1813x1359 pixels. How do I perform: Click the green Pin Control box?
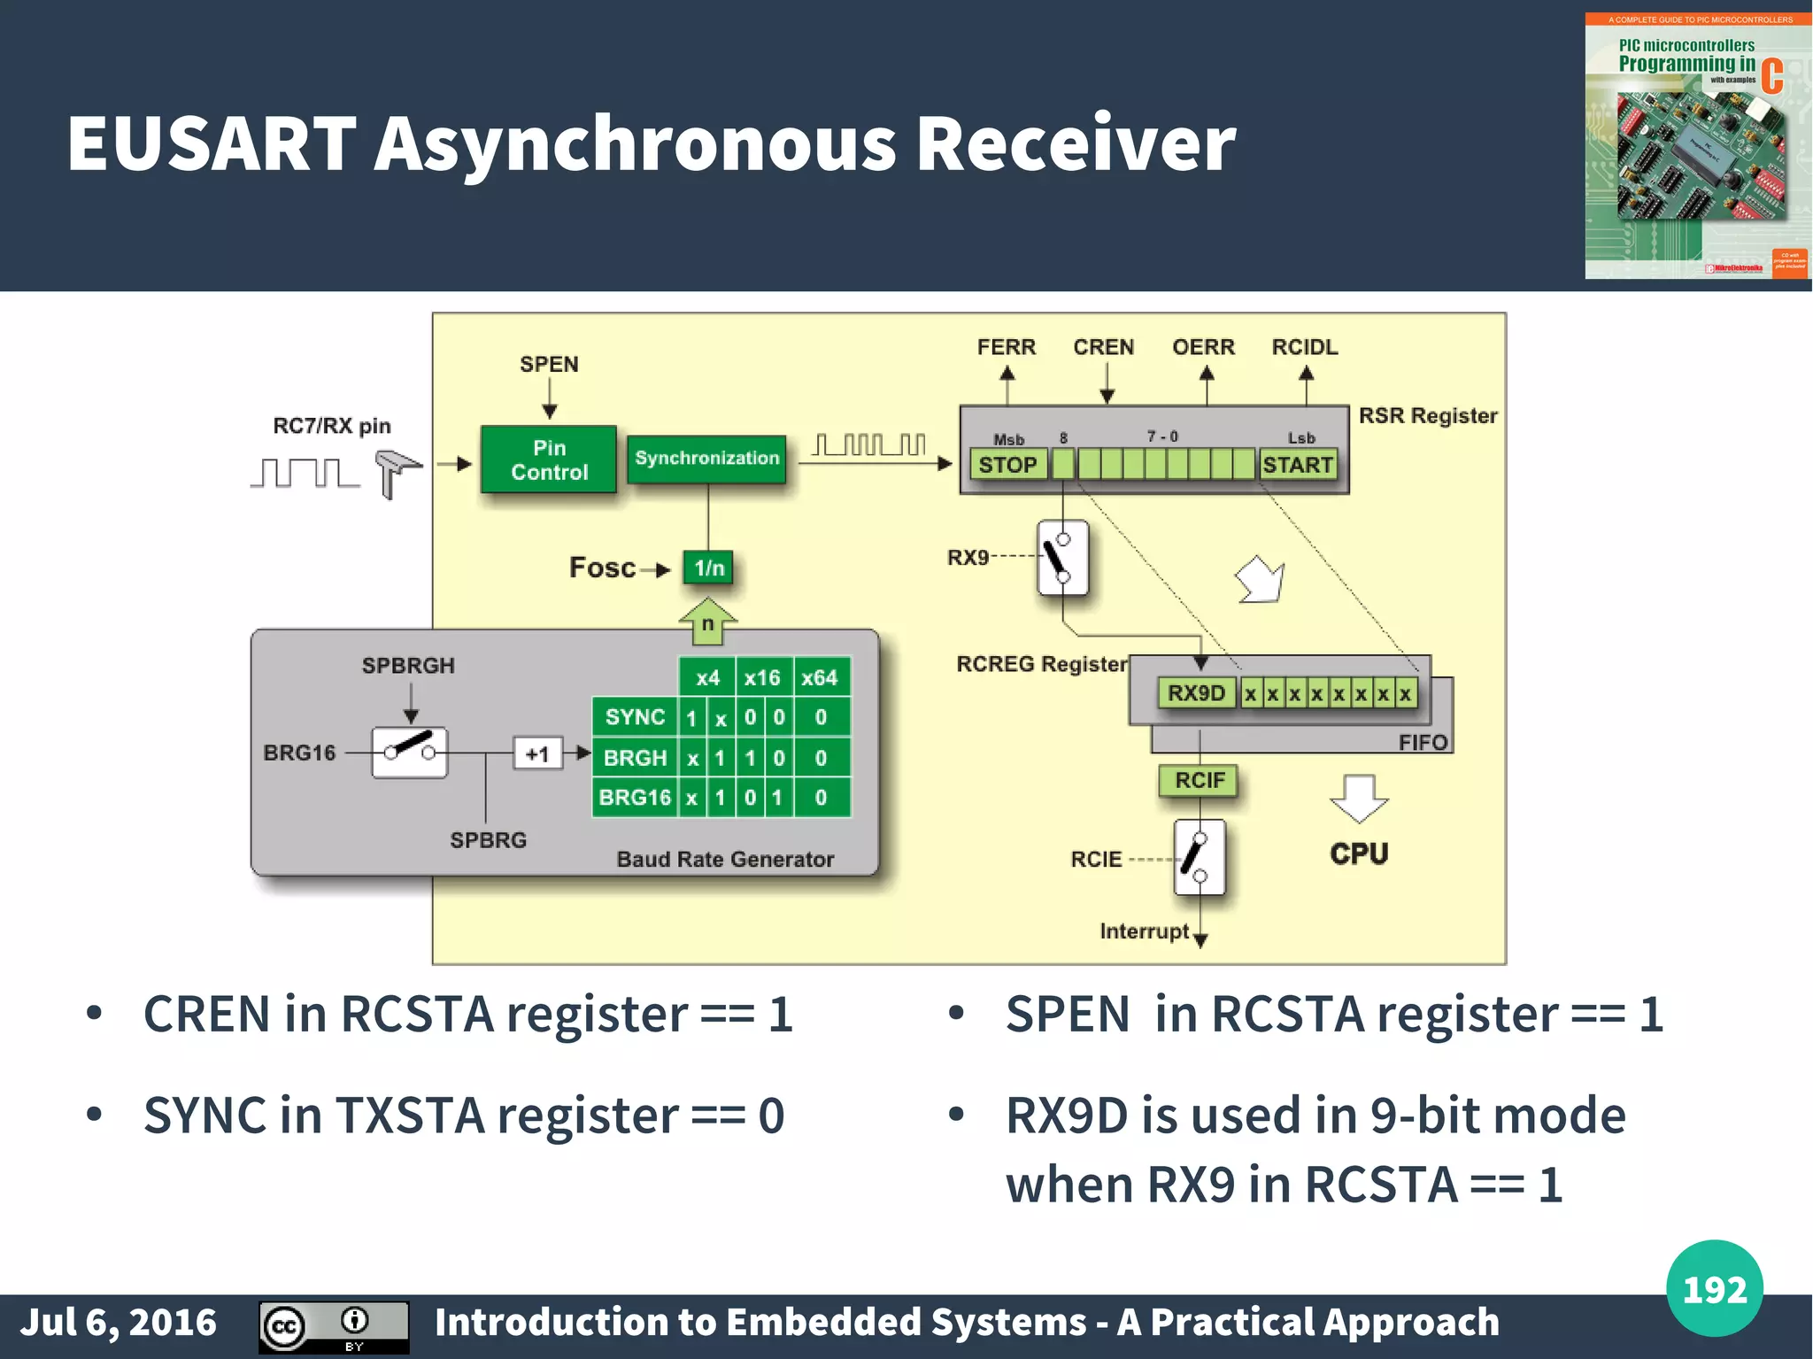click(x=549, y=459)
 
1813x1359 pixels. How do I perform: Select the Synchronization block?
click(x=706, y=459)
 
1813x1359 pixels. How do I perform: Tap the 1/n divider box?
click(x=708, y=568)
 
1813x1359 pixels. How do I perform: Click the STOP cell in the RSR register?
click(x=1007, y=465)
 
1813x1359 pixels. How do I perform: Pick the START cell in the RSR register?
click(x=1298, y=465)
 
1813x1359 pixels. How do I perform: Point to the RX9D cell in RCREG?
click(x=1196, y=692)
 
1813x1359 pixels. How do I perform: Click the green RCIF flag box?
click(x=1200, y=780)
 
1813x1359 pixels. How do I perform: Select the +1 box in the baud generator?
click(x=537, y=754)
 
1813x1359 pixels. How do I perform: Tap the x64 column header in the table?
click(x=820, y=678)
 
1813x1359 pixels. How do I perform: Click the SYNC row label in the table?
click(x=635, y=717)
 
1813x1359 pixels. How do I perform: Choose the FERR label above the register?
click(x=1007, y=347)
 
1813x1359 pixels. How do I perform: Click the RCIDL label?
click(x=1305, y=347)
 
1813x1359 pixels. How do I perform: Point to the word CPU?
click(x=1359, y=853)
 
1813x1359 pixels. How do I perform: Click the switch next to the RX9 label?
click(x=1062, y=558)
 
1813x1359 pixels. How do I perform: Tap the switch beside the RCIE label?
click(x=1199, y=857)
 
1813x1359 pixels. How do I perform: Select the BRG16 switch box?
click(x=410, y=753)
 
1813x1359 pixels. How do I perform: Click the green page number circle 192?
click(x=1714, y=1288)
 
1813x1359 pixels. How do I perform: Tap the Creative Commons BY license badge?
click(x=334, y=1326)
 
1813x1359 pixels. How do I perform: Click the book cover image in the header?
click(x=1697, y=146)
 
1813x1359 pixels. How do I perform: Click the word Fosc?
click(x=602, y=568)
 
